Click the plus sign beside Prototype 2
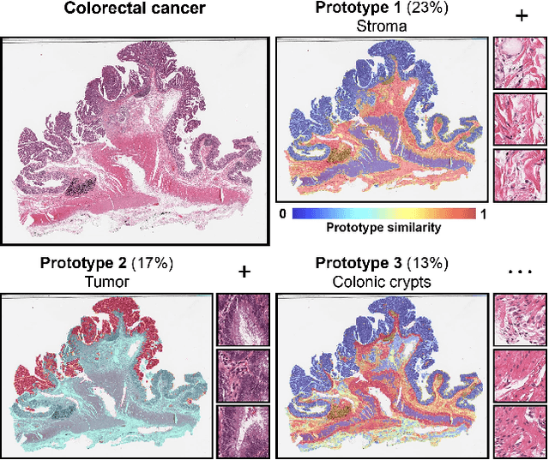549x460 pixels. (244, 272)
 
